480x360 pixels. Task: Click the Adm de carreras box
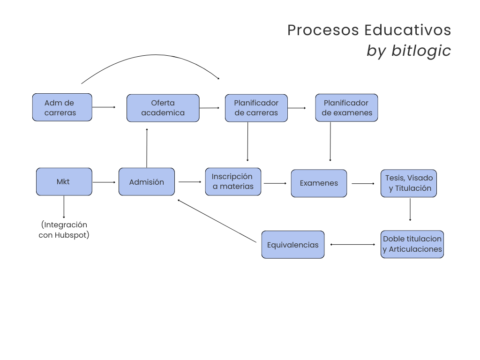click(x=62, y=107)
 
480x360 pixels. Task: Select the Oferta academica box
click(x=163, y=108)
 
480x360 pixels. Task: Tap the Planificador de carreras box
click(x=256, y=108)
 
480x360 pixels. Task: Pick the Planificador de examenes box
click(x=346, y=108)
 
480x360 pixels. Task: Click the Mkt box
click(x=64, y=181)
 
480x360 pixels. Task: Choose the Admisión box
click(x=147, y=182)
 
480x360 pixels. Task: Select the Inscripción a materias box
click(x=233, y=181)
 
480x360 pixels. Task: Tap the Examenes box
click(x=319, y=183)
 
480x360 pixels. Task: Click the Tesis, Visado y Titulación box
click(x=409, y=183)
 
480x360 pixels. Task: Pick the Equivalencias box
click(x=292, y=244)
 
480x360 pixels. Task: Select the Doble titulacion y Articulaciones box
click(x=412, y=244)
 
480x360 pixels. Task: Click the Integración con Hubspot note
click(x=64, y=230)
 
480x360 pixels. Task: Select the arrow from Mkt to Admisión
click(x=104, y=182)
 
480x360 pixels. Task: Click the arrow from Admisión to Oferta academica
click(x=147, y=148)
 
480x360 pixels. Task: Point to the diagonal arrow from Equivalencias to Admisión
click(x=217, y=221)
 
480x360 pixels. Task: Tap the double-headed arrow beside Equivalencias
click(x=352, y=244)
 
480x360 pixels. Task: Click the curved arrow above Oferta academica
click(x=150, y=59)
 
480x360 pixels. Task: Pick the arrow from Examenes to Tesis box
click(x=363, y=184)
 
